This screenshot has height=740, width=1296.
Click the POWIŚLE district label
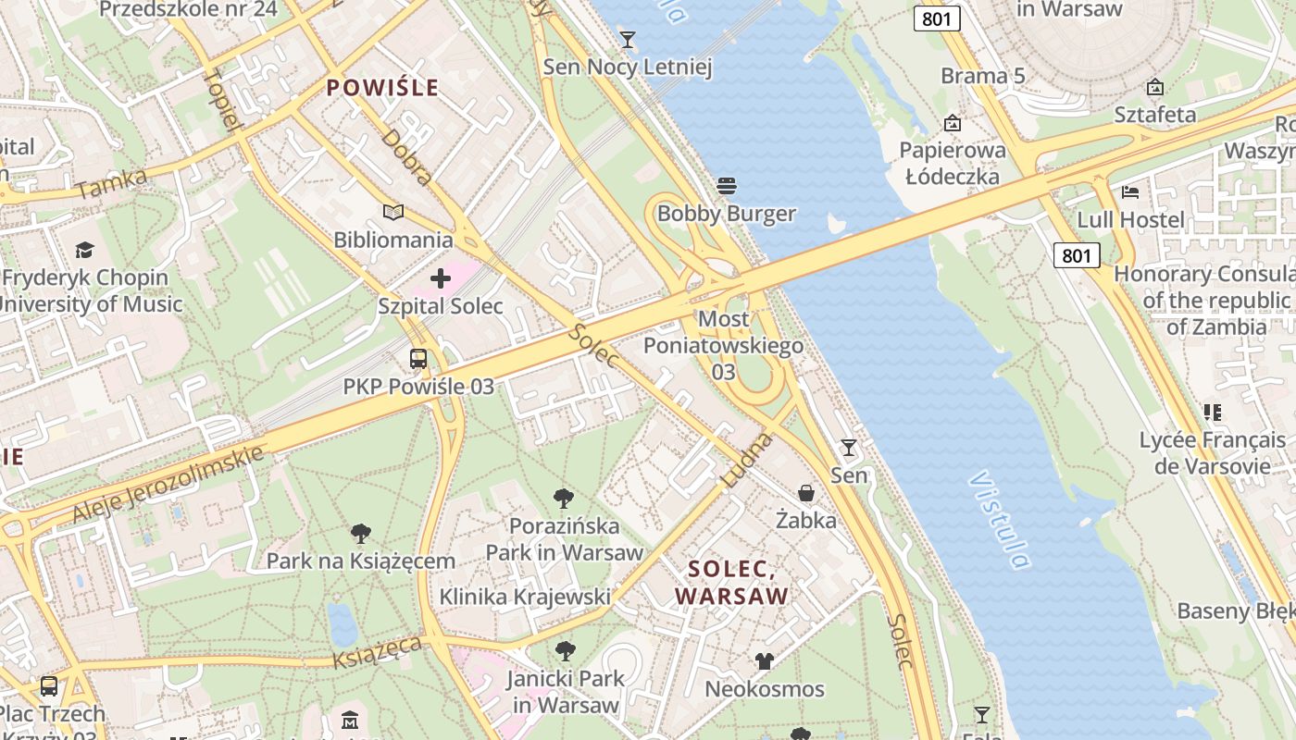point(382,89)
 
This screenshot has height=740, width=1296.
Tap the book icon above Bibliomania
point(393,213)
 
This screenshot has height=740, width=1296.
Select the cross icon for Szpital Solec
point(441,277)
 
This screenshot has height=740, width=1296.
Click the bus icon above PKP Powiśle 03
point(418,359)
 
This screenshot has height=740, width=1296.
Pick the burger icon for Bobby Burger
point(727,186)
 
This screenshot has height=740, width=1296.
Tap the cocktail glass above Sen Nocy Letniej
point(628,39)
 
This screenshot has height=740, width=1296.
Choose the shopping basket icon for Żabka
point(806,493)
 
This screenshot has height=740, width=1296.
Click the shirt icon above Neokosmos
point(764,660)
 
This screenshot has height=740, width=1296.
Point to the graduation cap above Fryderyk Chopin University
point(85,250)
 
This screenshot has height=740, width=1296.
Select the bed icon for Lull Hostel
point(1130,192)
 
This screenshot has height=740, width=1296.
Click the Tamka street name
point(111,184)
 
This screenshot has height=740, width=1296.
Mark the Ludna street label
point(745,460)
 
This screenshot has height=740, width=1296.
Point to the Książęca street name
point(377,651)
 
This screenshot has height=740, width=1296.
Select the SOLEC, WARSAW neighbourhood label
point(731,582)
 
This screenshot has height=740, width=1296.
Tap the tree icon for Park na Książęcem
point(361,534)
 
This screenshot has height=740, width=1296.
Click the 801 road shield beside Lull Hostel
point(1077,254)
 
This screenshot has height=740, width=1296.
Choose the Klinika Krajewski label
point(524,597)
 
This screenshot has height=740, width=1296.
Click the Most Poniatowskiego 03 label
point(723,345)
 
